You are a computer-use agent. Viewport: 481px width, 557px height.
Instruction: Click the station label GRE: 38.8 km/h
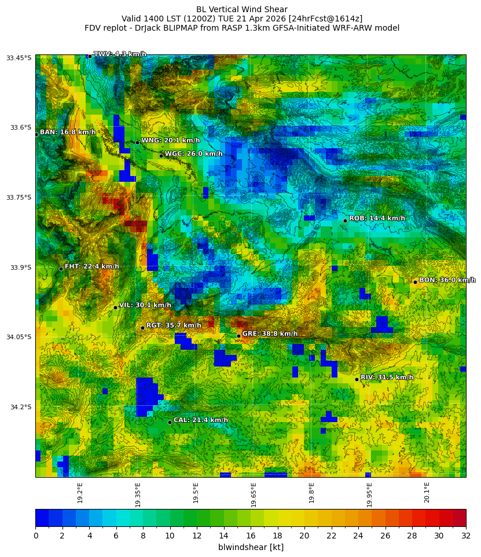point(270,334)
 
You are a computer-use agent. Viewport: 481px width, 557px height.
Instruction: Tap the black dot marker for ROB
point(345,221)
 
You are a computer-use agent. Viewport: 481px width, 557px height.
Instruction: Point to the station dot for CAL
point(170,422)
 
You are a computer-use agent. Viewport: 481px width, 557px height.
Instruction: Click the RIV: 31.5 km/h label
point(387,378)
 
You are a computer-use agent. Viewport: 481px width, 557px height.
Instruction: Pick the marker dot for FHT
point(61,269)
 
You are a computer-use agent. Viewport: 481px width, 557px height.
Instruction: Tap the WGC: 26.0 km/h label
point(193,154)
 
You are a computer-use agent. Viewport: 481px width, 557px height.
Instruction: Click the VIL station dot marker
point(115,307)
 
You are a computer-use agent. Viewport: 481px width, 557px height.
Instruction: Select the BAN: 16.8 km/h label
point(68,133)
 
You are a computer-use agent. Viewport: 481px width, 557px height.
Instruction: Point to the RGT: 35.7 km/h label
point(174,326)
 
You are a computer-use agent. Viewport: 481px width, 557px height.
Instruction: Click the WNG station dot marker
point(137,142)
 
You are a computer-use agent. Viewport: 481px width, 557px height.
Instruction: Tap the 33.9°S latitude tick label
point(20,267)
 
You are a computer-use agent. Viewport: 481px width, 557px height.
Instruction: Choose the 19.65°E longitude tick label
point(254,494)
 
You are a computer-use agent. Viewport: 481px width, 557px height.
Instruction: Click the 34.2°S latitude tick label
point(20,407)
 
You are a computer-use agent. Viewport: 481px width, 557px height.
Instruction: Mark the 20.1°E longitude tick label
point(427,493)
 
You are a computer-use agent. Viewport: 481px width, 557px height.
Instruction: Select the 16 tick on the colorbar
point(251,536)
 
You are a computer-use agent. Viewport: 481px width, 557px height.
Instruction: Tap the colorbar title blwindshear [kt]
point(251,547)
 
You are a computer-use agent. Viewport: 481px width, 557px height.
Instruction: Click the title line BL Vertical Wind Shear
point(241,9)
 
